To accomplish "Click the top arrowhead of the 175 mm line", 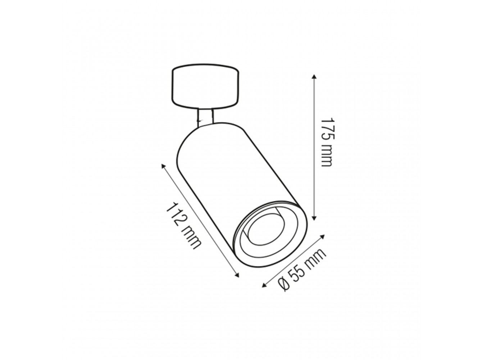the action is [314, 77].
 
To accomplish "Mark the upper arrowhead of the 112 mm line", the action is [163, 166].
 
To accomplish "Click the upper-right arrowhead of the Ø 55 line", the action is [323, 237].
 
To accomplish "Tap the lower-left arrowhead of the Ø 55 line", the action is [264, 285].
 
